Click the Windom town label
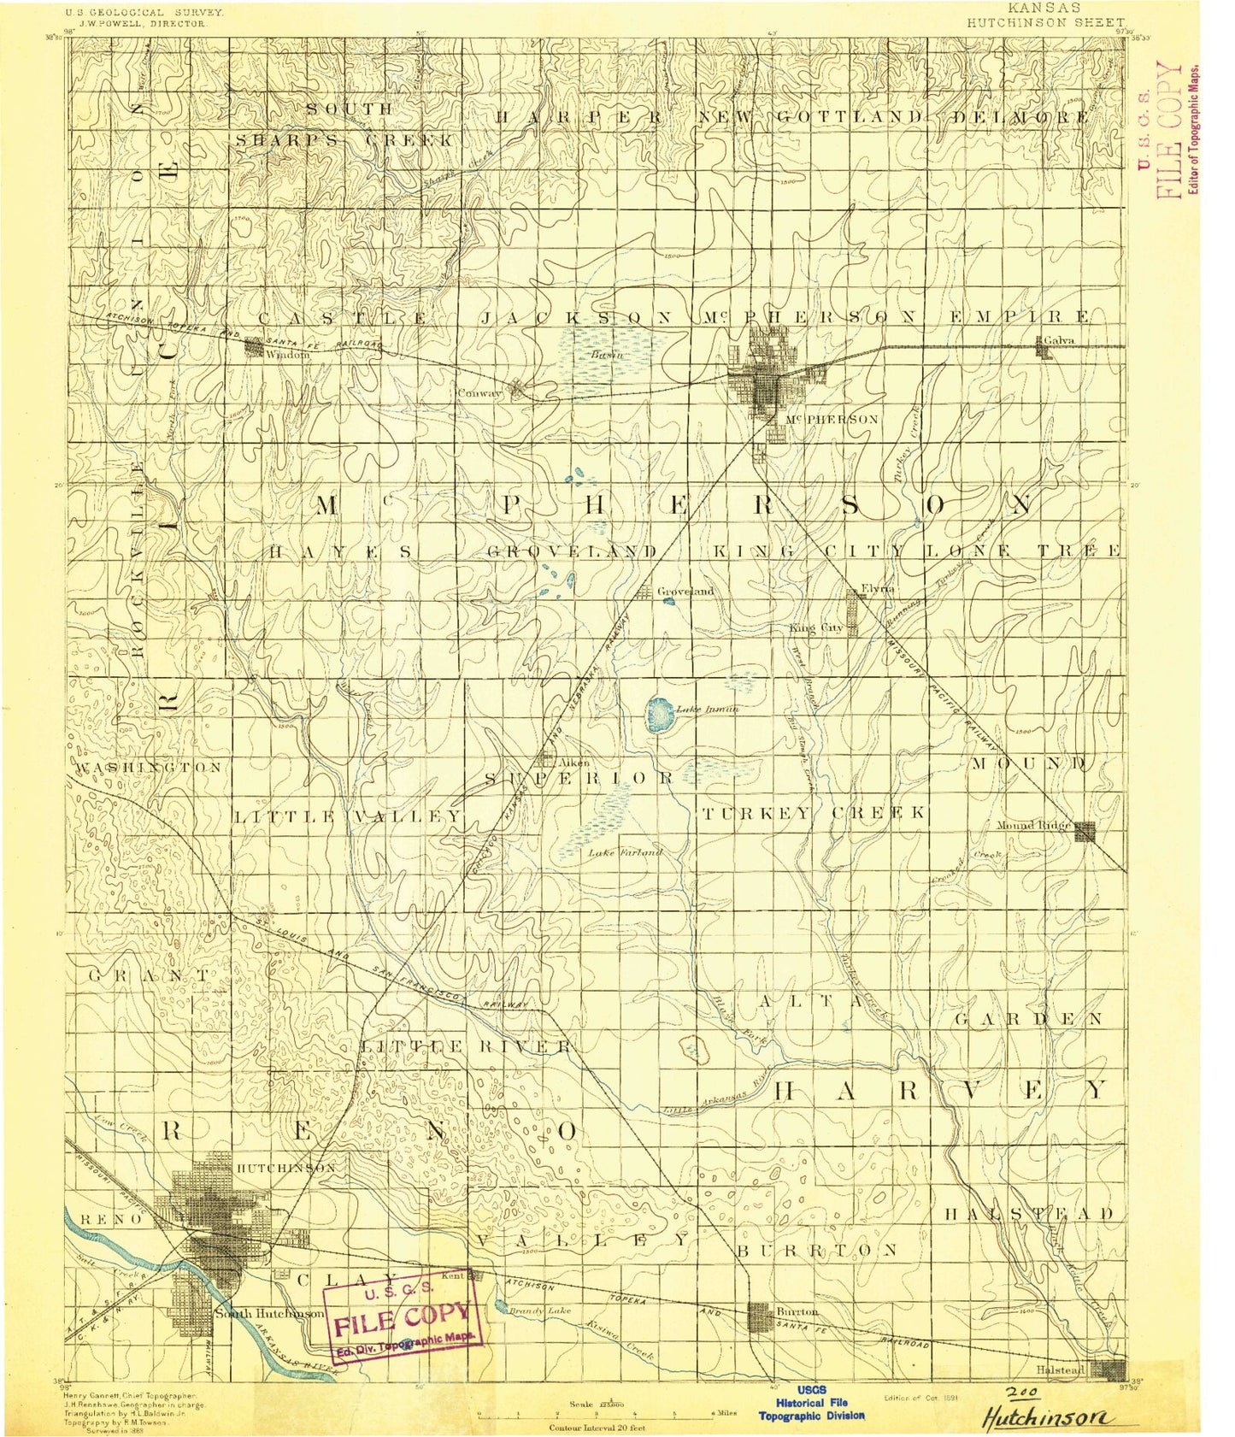[286, 354]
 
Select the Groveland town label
[685, 591]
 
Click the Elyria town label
[877, 589]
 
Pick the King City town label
[815, 628]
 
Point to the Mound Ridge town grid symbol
[1085, 831]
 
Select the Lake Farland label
[625, 852]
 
